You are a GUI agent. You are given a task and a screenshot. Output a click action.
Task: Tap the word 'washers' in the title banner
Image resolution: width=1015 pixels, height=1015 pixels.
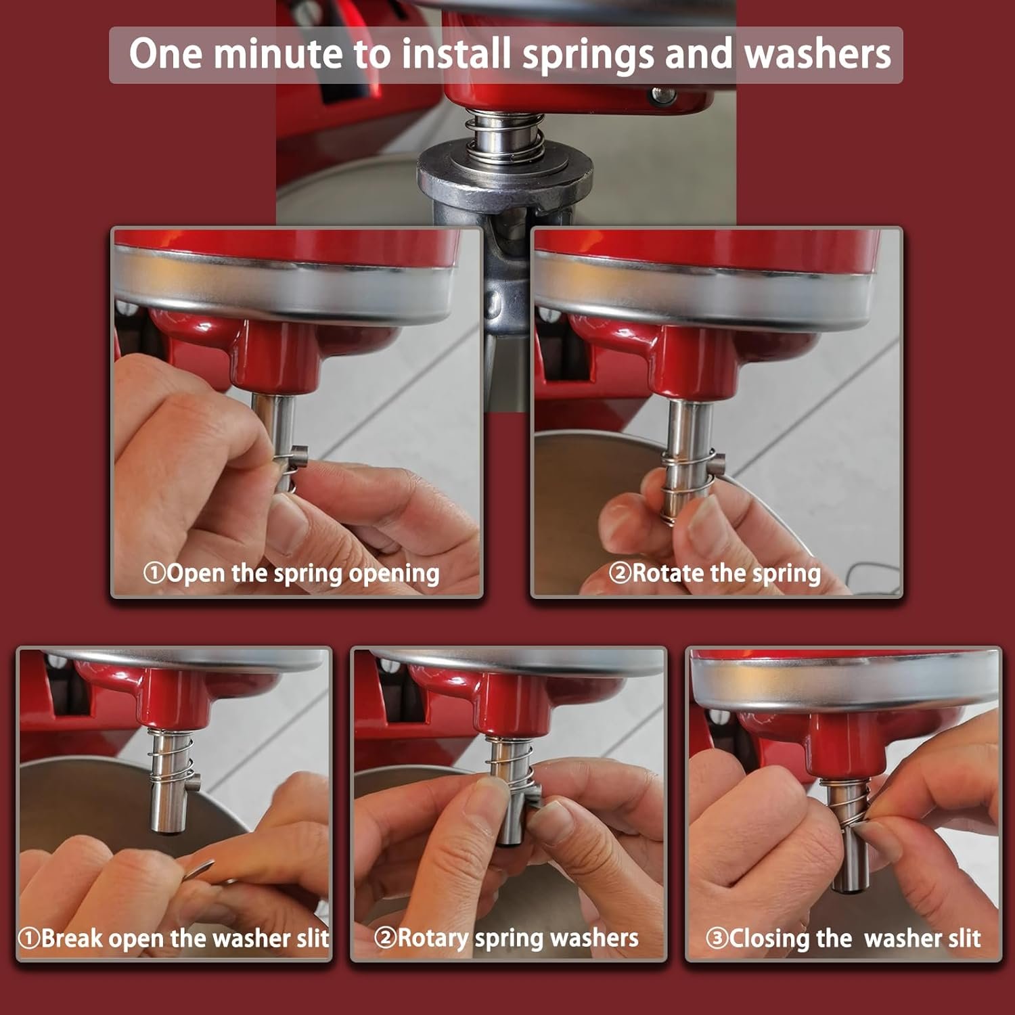coord(817,54)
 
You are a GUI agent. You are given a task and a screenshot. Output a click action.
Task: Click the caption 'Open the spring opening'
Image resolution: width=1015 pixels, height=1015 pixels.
coord(302,573)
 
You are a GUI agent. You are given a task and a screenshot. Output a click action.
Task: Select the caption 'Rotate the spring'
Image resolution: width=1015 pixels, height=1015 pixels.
coord(726,573)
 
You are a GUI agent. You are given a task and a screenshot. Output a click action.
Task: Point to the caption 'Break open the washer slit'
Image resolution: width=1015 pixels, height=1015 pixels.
coord(185,939)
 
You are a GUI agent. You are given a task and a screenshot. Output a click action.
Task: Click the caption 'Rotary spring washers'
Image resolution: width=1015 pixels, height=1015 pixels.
coord(518,938)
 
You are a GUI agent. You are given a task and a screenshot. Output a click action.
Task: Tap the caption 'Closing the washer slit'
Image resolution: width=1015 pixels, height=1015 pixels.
coord(855,939)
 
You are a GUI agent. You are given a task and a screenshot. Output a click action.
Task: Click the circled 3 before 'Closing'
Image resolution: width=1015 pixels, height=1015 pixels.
coord(717,939)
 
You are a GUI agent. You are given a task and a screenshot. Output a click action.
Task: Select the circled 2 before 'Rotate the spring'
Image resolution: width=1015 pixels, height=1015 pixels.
coord(619,573)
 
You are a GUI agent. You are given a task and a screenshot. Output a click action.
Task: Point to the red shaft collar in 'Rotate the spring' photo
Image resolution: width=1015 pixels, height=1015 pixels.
coord(690,365)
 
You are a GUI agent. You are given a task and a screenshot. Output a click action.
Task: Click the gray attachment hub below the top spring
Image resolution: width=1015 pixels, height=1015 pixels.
coord(504,179)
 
